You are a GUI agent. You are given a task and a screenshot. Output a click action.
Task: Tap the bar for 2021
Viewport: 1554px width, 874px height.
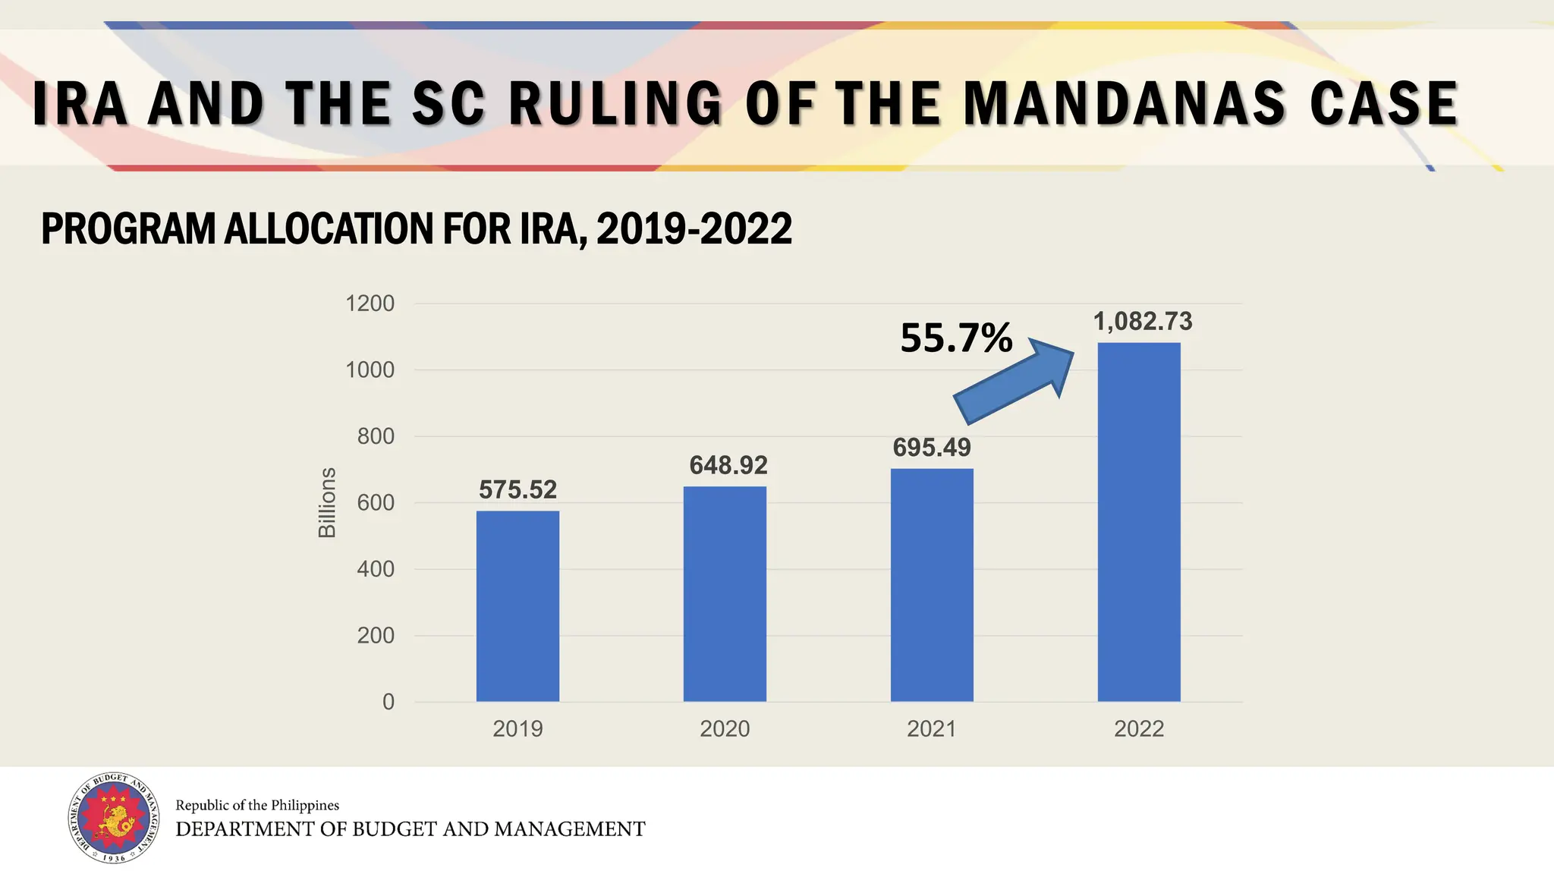(932, 584)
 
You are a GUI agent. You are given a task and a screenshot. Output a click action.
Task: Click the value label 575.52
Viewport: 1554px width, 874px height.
(517, 490)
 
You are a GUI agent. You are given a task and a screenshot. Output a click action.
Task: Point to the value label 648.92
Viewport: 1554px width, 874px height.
(728, 465)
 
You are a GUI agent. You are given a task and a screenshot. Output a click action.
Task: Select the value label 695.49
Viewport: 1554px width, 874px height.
(932, 448)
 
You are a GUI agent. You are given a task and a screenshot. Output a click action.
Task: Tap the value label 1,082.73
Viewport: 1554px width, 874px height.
(1142, 322)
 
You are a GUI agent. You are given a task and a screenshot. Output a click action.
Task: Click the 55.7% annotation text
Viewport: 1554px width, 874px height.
(956, 338)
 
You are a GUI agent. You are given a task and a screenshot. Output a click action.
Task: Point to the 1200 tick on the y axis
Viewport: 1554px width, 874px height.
(370, 303)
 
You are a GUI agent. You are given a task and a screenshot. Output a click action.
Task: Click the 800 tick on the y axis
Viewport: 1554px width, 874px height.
(376, 436)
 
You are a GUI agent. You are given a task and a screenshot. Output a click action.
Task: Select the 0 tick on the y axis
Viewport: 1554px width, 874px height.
(388, 702)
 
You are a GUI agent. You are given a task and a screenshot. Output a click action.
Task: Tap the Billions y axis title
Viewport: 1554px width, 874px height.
(326, 502)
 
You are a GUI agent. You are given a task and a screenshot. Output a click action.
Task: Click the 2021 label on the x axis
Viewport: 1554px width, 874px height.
(932, 729)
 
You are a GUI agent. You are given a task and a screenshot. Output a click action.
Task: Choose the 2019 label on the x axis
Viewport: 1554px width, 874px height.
(517, 729)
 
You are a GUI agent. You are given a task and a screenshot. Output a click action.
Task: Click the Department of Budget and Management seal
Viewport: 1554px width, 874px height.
(114, 819)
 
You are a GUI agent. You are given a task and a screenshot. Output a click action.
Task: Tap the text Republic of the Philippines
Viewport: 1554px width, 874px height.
(257, 805)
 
